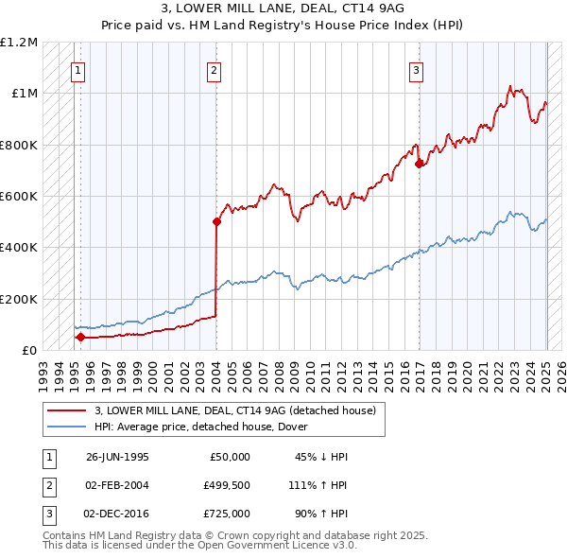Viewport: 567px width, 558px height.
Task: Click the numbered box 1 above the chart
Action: click(77, 69)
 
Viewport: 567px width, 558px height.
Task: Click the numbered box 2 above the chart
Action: click(215, 69)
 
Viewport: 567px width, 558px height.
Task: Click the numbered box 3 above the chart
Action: click(416, 69)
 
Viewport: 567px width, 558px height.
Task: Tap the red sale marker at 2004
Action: click(216, 222)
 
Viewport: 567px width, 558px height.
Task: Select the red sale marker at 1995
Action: click(80, 337)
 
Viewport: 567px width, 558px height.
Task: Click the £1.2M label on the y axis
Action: click(19, 43)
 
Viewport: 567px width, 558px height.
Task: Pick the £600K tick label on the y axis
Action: click(19, 196)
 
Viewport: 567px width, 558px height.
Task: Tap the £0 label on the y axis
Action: click(28, 350)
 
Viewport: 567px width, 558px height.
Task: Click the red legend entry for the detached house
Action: click(235, 410)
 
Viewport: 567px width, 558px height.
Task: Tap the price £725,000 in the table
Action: click(226, 514)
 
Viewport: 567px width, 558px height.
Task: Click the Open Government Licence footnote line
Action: click(200, 546)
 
